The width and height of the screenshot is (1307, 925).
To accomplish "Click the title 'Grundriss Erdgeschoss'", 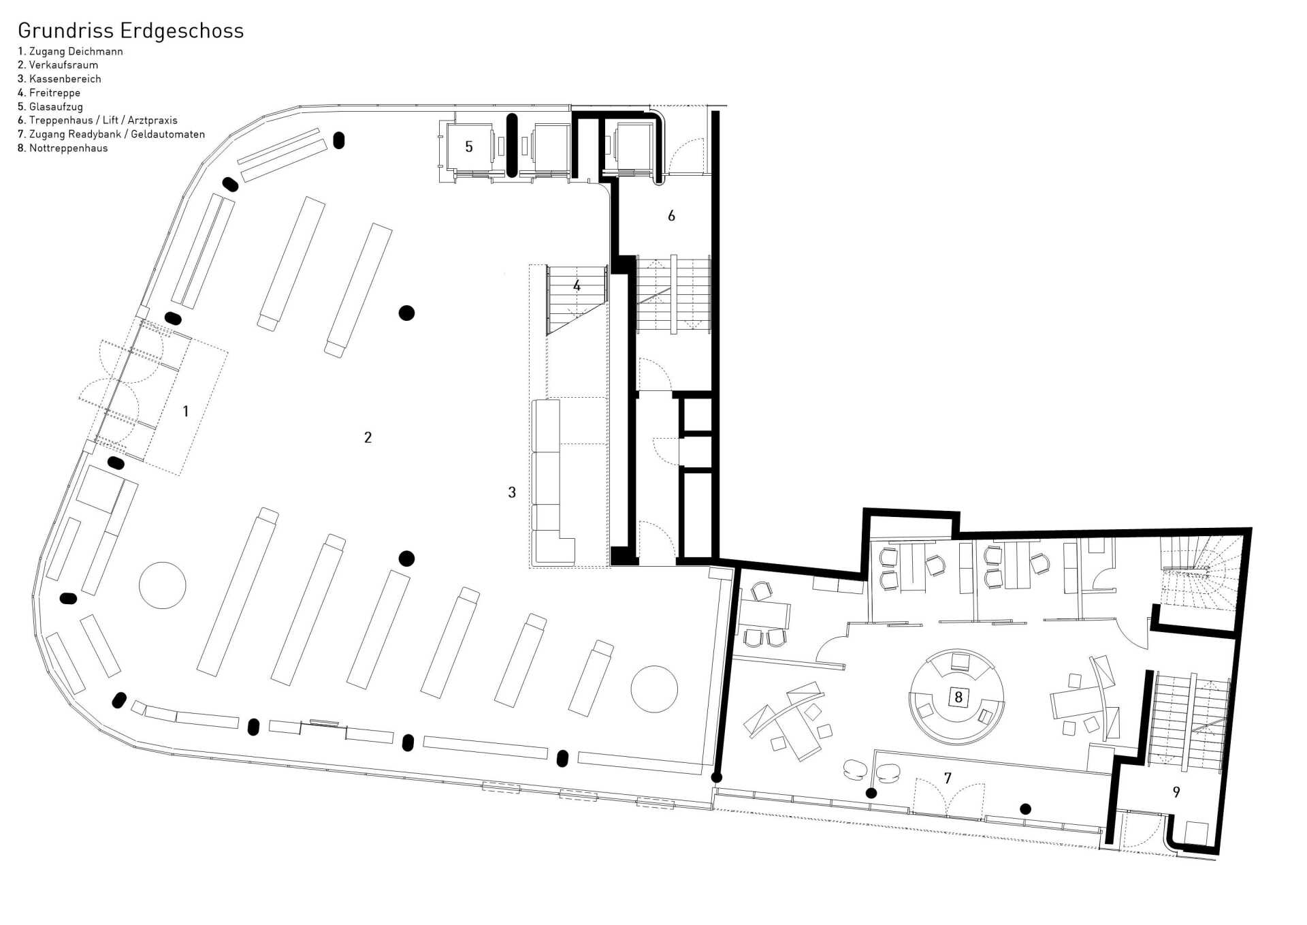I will pos(131,31).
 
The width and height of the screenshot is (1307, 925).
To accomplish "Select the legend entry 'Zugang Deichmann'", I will pos(70,51).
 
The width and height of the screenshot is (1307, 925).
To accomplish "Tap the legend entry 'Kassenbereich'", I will pos(59,79).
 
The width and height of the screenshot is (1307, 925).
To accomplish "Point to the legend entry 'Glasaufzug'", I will pos(50,107).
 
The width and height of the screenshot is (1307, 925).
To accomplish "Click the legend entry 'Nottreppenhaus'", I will pos(63,148).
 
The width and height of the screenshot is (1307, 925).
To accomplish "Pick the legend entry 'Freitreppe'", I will pos(49,93).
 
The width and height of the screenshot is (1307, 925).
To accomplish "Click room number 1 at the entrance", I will pos(185,411).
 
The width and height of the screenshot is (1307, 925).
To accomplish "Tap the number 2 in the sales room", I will pos(368,437).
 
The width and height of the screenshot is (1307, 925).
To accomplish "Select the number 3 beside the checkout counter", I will pos(512,492).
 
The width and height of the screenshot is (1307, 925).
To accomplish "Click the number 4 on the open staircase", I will pos(577,286).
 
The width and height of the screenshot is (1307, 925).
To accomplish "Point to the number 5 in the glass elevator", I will pos(469,146).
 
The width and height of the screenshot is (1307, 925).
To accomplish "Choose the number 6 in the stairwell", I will pos(671,216).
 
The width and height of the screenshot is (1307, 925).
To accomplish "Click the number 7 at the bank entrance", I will pos(948,778).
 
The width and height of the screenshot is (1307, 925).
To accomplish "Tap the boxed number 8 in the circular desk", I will pos(958,697).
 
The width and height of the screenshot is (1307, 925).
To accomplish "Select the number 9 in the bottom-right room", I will pos(1176,792).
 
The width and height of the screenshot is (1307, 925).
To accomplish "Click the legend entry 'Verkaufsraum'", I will pos(58,65).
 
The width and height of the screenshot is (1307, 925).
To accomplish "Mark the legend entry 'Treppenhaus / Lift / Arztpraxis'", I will pos(97,121).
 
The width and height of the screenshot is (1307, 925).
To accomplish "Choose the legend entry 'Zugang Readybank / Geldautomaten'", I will pos(111,135).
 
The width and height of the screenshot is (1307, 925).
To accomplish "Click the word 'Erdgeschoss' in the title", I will pos(182,31).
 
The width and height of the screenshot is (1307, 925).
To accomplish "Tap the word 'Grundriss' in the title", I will pos(66,31).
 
